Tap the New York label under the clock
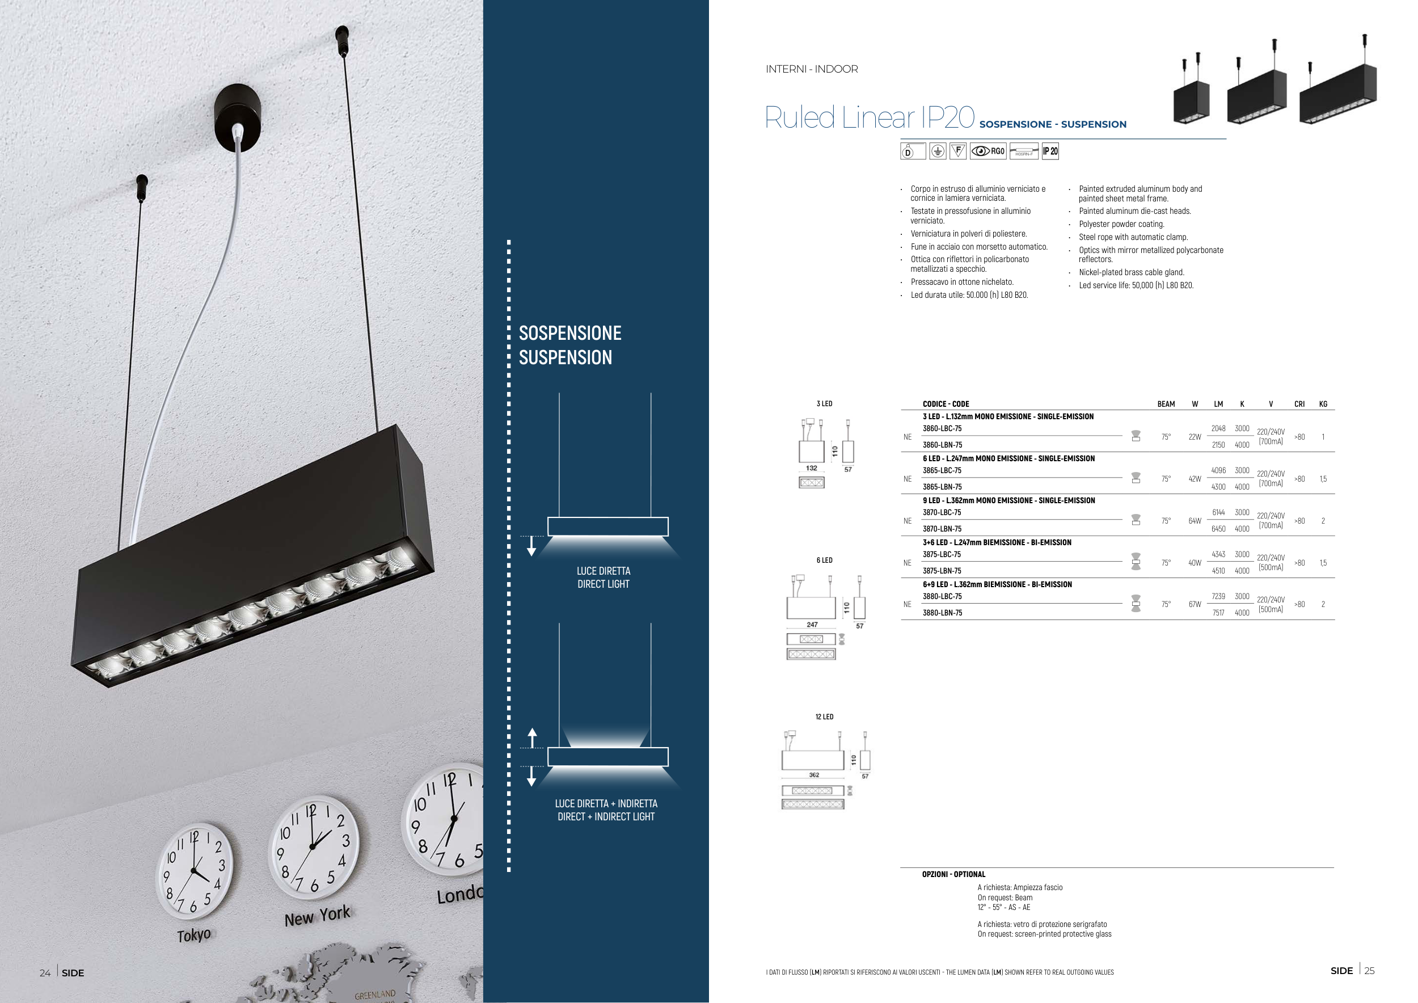pyautogui.click(x=317, y=916)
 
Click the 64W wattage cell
pyautogui.click(x=1195, y=521)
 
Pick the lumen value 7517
pyautogui.click(x=1218, y=613)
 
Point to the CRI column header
pyautogui.click(x=1299, y=404)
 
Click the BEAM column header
pyautogui.click(x=1166, y=404)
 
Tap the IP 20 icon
pyautogui.click(x=1050, y=151)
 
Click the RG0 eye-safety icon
pyautogui.click(x=988, y=151)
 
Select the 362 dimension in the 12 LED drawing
pyautogui.click(x=814, y=775)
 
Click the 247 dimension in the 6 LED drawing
pyautogui.click(x=812, y=625)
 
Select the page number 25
pyautogui.click(x=1369, y=971)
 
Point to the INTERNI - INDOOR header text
pyautogui.click(x=812, y=69)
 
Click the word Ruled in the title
pyautogui.click(x=800, y=117)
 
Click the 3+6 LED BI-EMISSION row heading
pyautogui.click(x=997, y=542)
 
